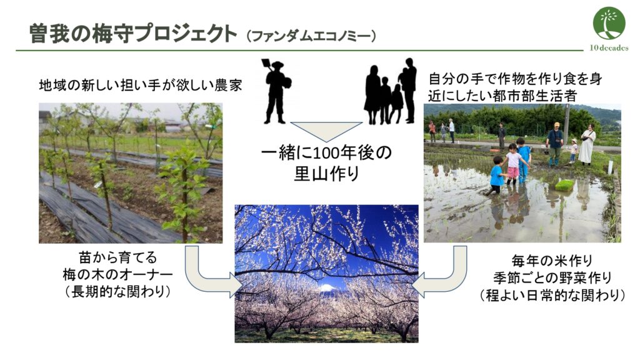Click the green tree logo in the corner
[x=609, y=24]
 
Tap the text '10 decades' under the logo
[x=609, y=47]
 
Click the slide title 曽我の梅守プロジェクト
[x=133, y=34]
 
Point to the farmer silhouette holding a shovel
[x=277, y=91]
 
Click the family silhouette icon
[x=390, y=91]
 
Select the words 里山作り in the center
[x=326, y=174]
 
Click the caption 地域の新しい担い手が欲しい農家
[x=141, y=85]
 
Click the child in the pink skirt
[x=512, y=163]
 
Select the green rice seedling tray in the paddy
[x=564, y=186]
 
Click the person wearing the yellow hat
[x=555, y=143]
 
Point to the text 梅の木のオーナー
[x=117, y=275]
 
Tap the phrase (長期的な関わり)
[x=117, y=292]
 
